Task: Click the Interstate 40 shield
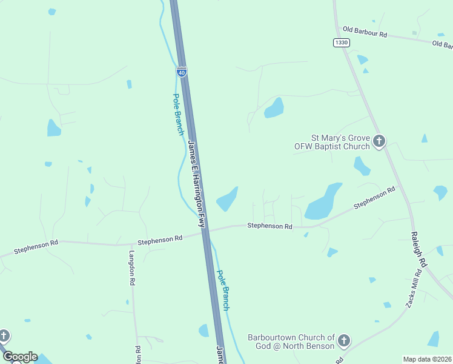pyautogui.click(x=181, y=71)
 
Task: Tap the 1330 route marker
pyautogui.click(x=341, y=42)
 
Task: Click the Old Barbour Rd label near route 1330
pyautogui.click(x=365, y=32)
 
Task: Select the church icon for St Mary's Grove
pyautogui.click(x=379, y=142)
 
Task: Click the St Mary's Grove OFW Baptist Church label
pyautogui.click(x=331, y=142)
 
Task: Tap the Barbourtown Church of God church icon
pyautogui.click(x=344, y=341)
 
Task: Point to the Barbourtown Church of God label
pyautogui.click(x=291, y=342)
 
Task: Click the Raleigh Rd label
pyautogui.click(x=418, y=249)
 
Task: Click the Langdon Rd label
pyautogui.click(x=131, y=268)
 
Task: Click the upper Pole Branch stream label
pyautogui.click(x=178, y=113)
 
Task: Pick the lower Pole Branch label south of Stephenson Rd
pyautogui.click(x=223, y=290)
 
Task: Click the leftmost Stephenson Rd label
pyautogui.click(x=36, y=246)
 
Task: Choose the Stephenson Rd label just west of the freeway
pyautogui.click(x=160, y=240)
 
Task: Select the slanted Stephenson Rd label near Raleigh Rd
pyautogui.click(x=374, y=198)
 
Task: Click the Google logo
pyautogui.click(x=20, y=357)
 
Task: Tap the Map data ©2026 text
pyautogui.click(x=427, y=359)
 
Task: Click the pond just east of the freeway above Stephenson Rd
pyautogui.click(x=227, y=199)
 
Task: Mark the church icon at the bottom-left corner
pyautogui.click(x=4, y=335)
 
